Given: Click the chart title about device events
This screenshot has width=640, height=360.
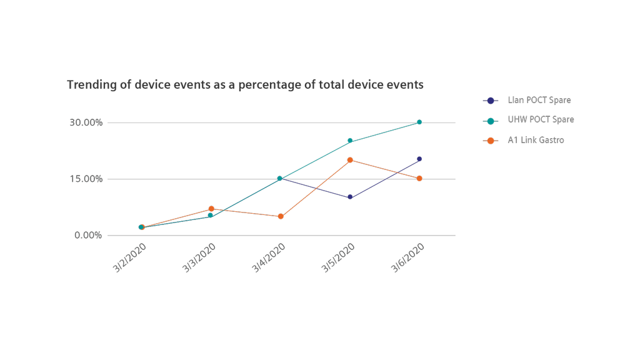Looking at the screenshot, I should pyautogui.click(x=245, y=84).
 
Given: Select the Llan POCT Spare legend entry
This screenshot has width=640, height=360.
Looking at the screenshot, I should pyautogui.click(x=539, y=100).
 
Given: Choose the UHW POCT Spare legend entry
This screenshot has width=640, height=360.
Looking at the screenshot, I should pyautogui.click(x=540, y=120).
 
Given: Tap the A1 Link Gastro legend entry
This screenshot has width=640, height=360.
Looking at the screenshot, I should pyautogui.click(x=536, y=140).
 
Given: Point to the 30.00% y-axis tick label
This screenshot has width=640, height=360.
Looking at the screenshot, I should pyautogui.click(x=86, y=122).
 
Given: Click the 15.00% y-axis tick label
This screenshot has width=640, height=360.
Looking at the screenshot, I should pyautogui.click(x=86, y=179).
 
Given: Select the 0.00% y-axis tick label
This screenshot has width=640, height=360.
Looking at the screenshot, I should pyautogui.click(x=88, y=235).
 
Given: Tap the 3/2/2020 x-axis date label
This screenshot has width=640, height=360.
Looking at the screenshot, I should pyautogui.click(x=130, y=257).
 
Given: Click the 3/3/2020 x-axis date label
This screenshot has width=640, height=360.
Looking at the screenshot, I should pyautogui.click(x=199, y=257).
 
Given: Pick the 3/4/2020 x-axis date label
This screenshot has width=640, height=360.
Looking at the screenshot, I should pyautogui.click(x=269, y=257).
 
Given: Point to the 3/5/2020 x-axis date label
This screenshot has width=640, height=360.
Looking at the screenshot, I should pyautogui.click(x=338, y=257).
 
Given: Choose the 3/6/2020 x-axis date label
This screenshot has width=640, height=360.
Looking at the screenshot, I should pyautogui.click(x=407, y=257).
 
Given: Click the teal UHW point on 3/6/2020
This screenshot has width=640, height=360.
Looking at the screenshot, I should pyautogui.click(x=419, y=122).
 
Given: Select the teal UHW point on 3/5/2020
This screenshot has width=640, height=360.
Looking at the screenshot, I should pyautogui.click(x=350, y=141).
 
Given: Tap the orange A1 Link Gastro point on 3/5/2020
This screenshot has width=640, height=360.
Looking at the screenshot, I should pyautogui.click(x=350, y=160).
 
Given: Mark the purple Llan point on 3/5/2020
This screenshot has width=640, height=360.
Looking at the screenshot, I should pyautogui.click(x=350, y=197).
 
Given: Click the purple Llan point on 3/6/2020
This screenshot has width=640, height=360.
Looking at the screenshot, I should pyautogui.click(x=419, y=159).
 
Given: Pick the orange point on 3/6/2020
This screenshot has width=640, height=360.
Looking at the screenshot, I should pyautogui.click(x=419, y=179).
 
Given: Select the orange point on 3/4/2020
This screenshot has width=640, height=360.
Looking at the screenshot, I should pyautogui.click(x=281, y=216).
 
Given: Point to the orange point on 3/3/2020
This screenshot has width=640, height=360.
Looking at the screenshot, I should pyautogui.click(x=211, y=209).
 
